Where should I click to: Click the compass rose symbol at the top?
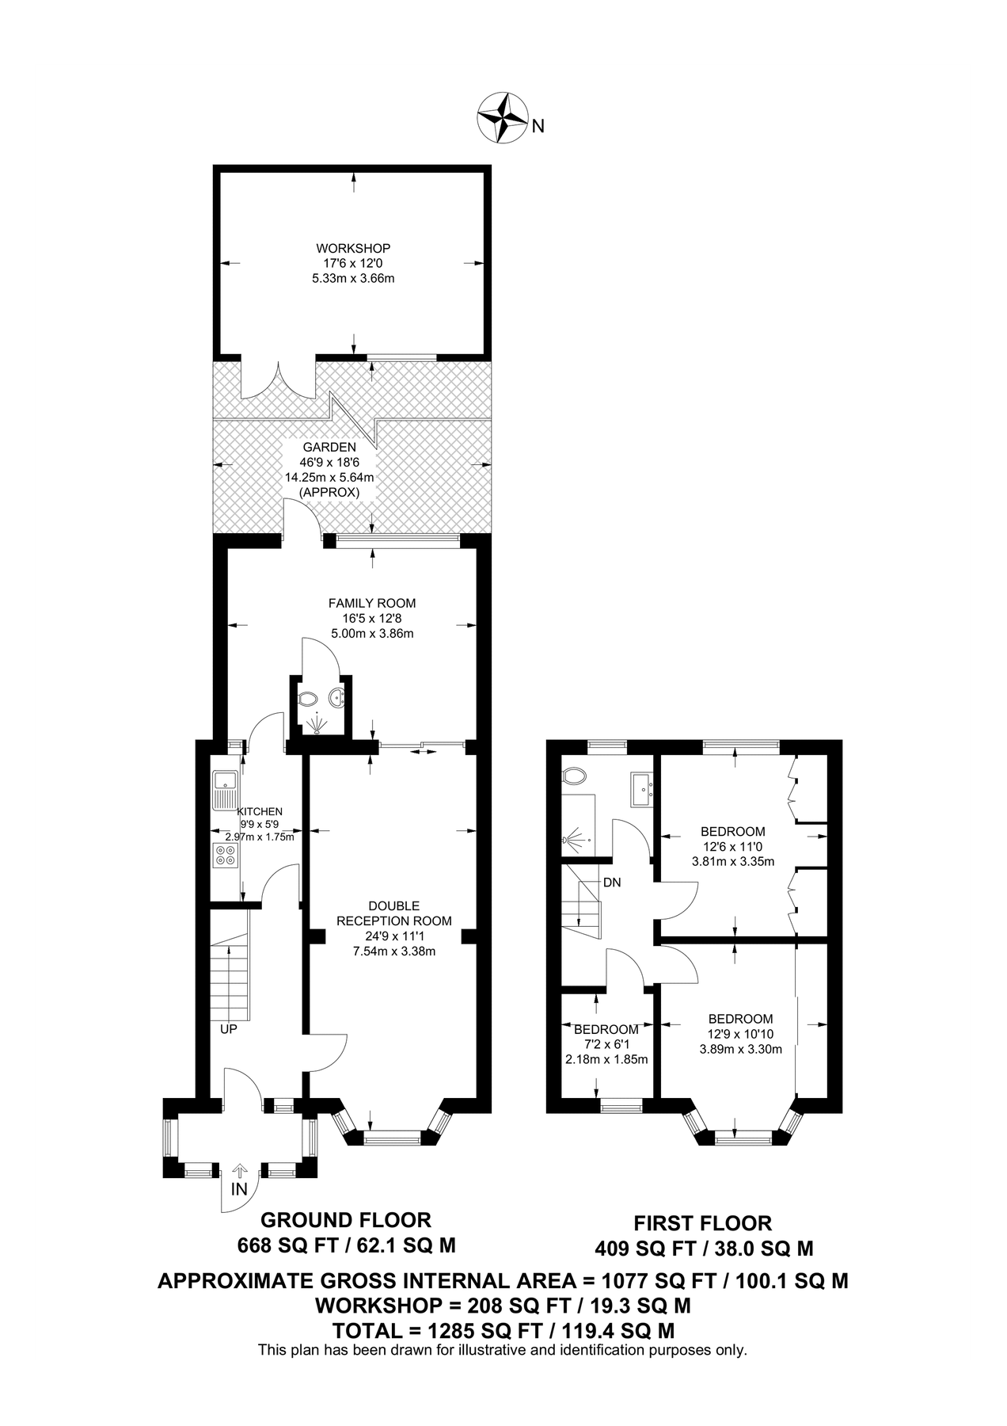click(x=503, y=118)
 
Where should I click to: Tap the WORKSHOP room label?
click(x=353, y=248)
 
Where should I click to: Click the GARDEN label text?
click(x=329, y=447)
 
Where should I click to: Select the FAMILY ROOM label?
click(x=372, y=603)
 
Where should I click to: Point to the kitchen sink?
click(x=225, y=788)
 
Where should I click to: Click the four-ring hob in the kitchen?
click(x=224, y=856)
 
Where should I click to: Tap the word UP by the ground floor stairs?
click(x=229, y=1029)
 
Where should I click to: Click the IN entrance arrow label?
click(x=239, y=1189)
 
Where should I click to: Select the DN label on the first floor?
click(x=612, y=882)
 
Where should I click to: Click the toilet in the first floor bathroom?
click(x=572, y=774)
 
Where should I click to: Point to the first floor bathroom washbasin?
click(x=642, y=788)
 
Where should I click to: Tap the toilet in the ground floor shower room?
click(x=307, y=699)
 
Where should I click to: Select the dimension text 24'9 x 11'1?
click(x=394, y=936)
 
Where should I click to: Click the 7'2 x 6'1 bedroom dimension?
click(x=606, y=1044)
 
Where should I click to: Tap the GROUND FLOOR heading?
click(x=346, y=1219)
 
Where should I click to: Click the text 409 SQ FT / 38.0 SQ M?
click(x=704, y=1249)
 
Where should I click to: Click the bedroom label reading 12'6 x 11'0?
click(x=732, y=846)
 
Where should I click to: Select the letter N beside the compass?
click(x=538, y=125)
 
